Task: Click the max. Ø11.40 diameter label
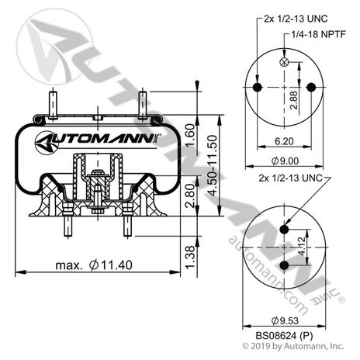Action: point(92,266)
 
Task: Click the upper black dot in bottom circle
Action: point(285,228)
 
